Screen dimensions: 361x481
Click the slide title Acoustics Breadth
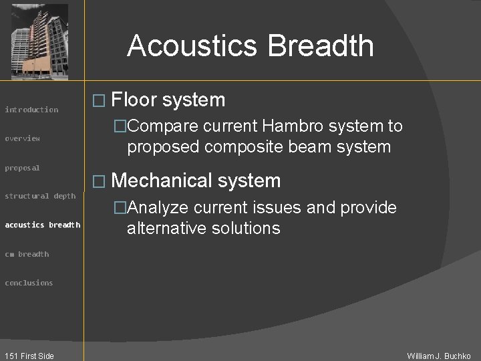(251, 46)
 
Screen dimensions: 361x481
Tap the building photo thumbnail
(40, 41)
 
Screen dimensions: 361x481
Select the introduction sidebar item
(31, 110)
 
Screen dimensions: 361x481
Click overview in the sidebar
(23, 138)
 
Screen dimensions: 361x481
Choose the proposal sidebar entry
(23, 168)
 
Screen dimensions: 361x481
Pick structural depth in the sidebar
(40, 196)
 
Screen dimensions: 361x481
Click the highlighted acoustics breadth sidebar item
(43, 225)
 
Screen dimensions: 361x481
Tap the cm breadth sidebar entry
(27, 254)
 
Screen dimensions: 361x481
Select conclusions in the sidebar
(29, 283)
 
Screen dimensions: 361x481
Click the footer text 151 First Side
(28, 356)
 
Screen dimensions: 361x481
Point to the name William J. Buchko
(439, 356)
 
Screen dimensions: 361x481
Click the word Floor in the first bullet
(133, 100)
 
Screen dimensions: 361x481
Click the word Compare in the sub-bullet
(162, 126)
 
